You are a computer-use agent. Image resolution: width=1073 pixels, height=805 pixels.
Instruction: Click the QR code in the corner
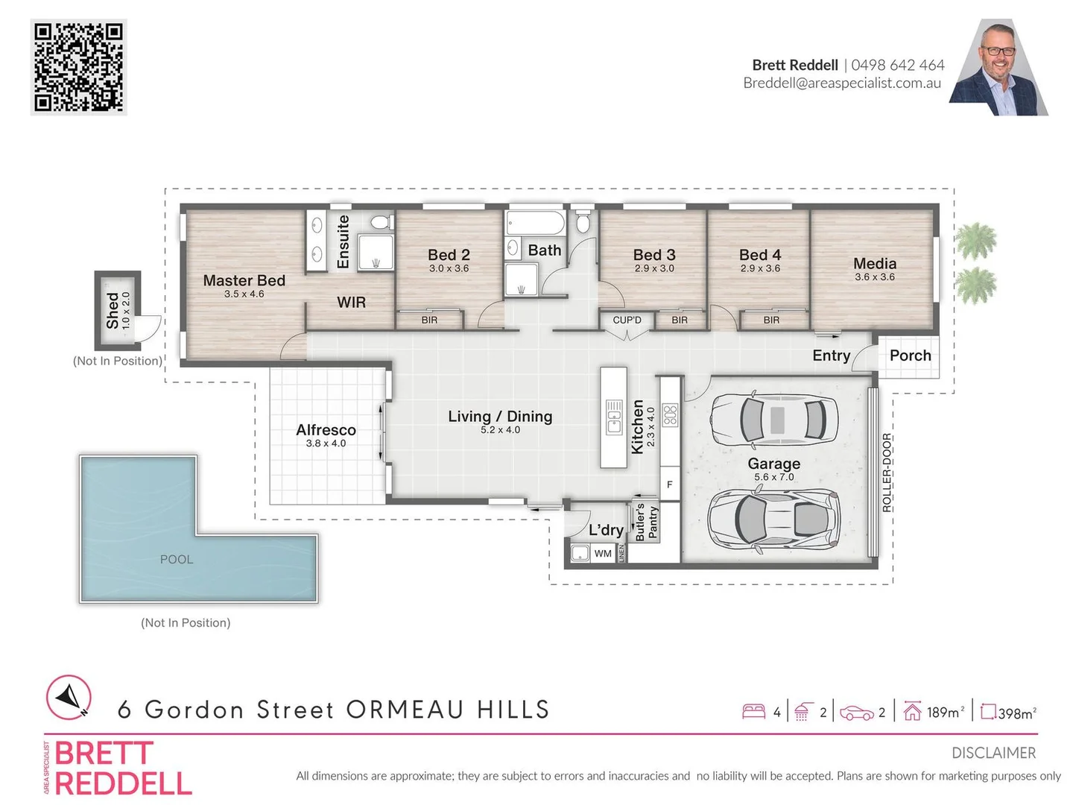click(78, 67)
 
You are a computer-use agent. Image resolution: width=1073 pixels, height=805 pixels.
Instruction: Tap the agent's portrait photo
click(998, 69)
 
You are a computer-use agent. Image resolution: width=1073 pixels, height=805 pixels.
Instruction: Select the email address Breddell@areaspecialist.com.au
click(842, 83)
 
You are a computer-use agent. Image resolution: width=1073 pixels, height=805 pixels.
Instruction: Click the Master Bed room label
click(244, 281)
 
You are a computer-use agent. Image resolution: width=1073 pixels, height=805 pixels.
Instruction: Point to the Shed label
click(113, 310)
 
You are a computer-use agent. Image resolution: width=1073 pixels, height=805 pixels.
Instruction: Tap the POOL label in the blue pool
click(177, 560)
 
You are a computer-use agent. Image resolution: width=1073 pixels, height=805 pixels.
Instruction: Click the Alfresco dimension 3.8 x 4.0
click(326, 443)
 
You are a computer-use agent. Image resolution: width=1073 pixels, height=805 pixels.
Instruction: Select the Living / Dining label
click(500, 417)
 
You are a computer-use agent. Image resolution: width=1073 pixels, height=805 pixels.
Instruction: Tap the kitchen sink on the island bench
click(614, 417)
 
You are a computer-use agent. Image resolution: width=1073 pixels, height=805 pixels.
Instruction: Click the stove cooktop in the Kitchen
click(670, 414)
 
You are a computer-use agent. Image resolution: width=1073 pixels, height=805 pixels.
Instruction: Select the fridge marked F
click(670, 484)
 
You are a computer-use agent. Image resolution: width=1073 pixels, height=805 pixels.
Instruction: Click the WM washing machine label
click(603, 553)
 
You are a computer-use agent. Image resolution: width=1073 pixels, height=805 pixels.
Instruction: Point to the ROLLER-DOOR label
click(887, 473)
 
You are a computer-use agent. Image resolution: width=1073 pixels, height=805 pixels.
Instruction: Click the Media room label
click(875, 264)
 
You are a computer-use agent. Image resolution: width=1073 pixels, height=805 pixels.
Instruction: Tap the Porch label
click(910, 356)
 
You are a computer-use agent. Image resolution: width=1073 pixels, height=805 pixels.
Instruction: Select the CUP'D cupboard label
click(627, 320)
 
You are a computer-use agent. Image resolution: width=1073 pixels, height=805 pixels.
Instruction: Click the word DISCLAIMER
click(993, 753)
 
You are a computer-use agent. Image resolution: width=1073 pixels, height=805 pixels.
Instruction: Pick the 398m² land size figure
click(1016, 713)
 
